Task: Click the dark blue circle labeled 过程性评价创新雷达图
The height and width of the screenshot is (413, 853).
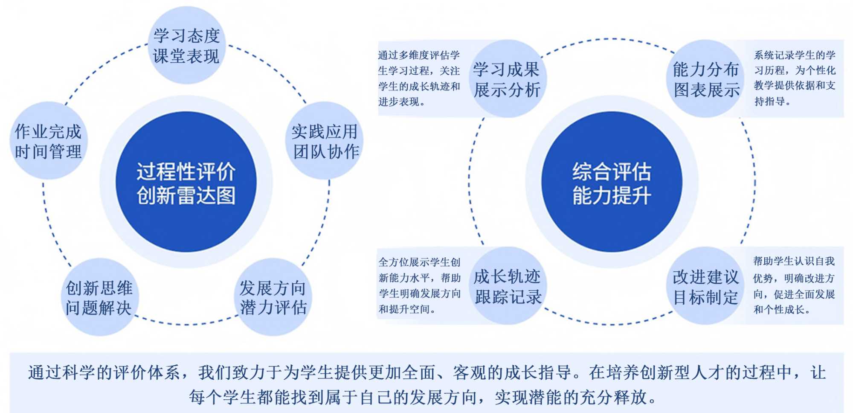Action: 186,182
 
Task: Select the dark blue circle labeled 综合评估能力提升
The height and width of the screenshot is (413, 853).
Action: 612,182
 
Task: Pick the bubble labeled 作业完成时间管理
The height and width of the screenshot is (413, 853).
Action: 48,141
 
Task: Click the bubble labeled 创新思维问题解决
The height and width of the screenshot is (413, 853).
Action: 99,297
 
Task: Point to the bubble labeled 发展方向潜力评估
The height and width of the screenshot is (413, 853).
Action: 273,297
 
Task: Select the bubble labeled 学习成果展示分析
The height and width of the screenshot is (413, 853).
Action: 507,79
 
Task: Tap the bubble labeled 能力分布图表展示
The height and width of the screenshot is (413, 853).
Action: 706,79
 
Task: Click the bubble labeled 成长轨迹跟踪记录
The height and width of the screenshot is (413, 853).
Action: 507,286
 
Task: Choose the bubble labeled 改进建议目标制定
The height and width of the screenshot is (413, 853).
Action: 706,286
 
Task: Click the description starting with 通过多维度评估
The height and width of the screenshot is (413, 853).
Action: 419,79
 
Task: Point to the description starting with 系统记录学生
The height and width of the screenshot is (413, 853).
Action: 795,79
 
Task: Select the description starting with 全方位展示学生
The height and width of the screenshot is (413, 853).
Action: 419,285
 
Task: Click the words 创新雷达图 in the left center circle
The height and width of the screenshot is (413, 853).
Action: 186,196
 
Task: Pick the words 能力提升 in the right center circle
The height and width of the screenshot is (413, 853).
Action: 612,196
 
